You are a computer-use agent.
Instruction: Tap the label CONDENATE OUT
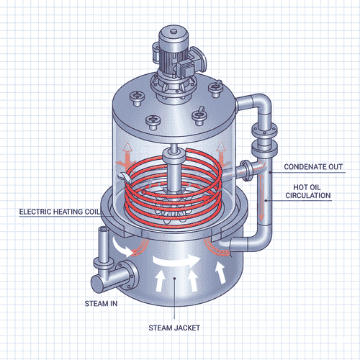click(x=313, y=167)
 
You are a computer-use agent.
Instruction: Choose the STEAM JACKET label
click(x=177, y=328)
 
